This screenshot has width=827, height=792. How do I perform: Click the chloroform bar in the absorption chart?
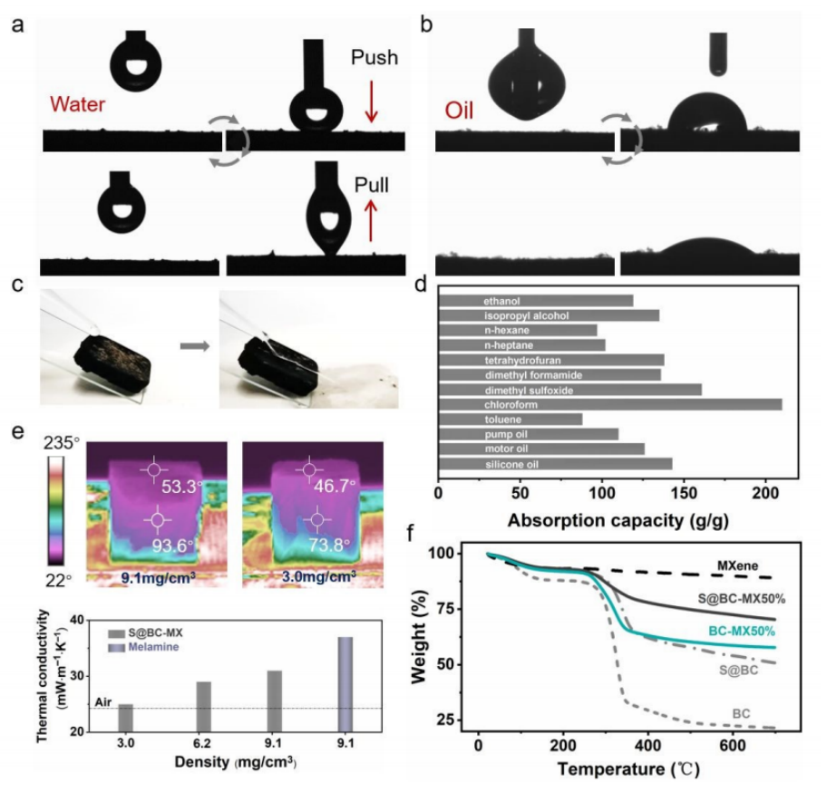pos(609,404)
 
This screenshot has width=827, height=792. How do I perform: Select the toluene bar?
pos(511,419)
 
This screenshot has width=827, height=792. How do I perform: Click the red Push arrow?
pos(371,102)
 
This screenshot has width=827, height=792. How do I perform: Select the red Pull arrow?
pos(371,218)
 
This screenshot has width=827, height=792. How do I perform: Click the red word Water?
pos(79,104)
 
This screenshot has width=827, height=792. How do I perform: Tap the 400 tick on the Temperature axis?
pos(647,745)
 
